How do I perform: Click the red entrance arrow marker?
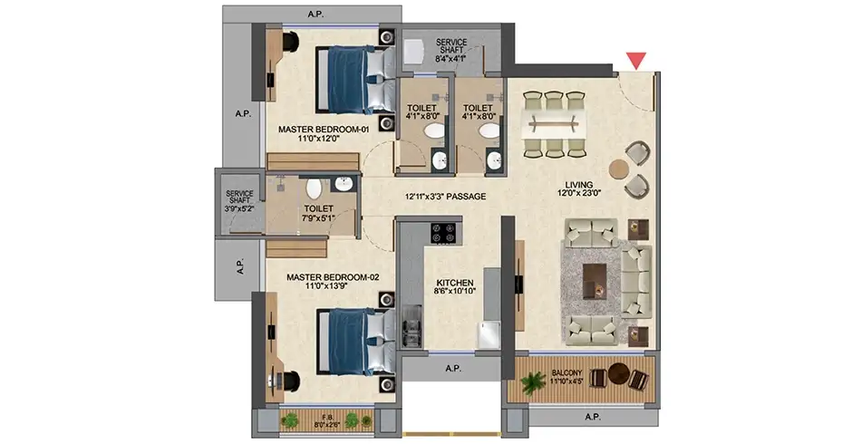635,60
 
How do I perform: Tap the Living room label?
578,188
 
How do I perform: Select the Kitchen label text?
455,287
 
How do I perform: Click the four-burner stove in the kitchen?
442,233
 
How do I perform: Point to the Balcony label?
566,377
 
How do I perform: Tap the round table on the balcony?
618,373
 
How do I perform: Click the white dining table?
554,124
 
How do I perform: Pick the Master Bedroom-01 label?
324,134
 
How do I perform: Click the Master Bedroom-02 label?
333,281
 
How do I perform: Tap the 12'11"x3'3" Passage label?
446,197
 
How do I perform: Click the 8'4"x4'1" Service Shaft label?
451,50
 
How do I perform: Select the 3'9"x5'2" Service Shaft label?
239,200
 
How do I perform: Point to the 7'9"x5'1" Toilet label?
319,213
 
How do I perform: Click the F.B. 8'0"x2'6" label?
326,421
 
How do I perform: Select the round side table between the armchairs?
618,169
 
